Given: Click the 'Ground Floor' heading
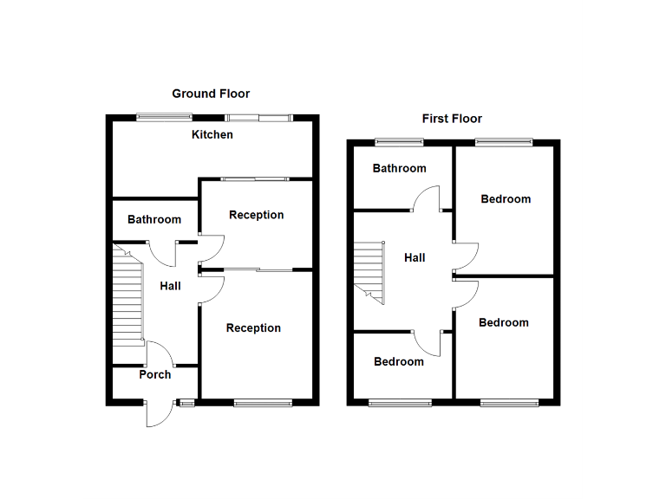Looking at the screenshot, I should point(211,94).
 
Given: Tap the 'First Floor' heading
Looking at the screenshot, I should point(452,119).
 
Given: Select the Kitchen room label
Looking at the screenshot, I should point(212,135).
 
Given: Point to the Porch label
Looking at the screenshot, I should point(155,375).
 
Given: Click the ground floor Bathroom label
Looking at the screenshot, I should point(154,220).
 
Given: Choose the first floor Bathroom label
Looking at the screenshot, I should point(400,169).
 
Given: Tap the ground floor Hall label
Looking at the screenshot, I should point(171,286).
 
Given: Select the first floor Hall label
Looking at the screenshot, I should point(415,257).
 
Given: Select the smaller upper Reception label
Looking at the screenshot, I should point(257,215).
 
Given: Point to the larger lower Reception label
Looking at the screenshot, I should point(253,328).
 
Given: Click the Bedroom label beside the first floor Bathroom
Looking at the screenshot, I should point(506,199).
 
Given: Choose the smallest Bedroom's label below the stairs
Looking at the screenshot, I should point(399,362).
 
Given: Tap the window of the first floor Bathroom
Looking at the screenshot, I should point(399,142).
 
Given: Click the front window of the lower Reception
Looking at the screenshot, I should point(263,402).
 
